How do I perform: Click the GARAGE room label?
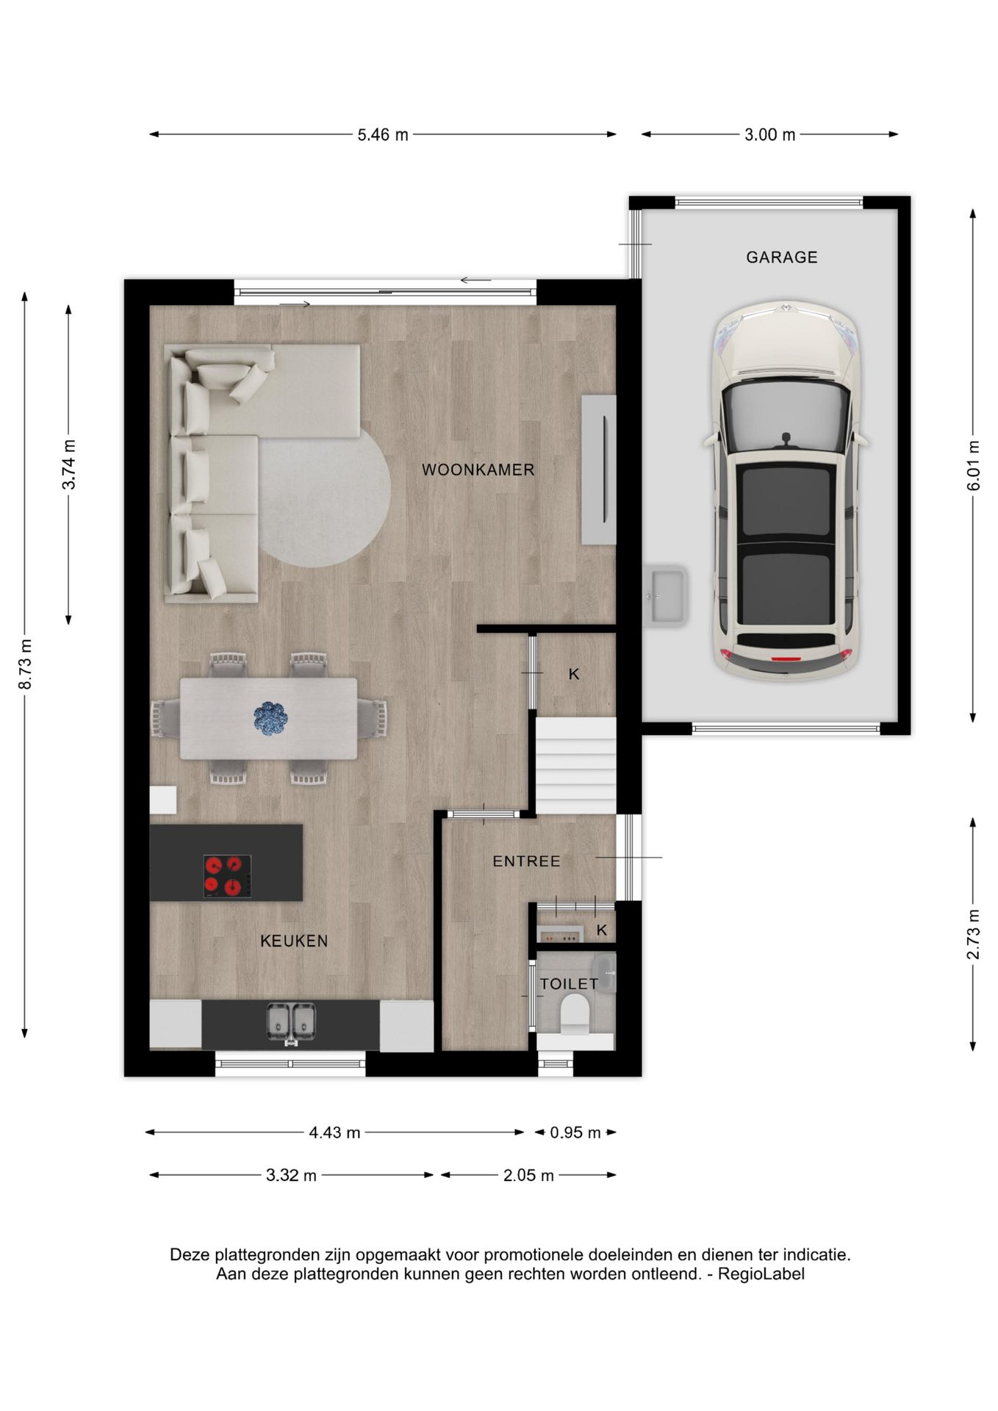[781, 257]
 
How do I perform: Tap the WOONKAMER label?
[478, 470]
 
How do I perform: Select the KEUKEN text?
[294, 941]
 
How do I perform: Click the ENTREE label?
[526, 861]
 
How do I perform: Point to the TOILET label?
[569, 984]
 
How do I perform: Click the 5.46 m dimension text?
[382, 135]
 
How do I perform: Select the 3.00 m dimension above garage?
[769, 135]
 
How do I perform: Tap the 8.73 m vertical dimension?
[26, 664]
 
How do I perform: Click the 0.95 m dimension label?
[575, 1133]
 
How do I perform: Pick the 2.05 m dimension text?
[528, 1176]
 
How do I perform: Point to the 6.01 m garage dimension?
[974, 466]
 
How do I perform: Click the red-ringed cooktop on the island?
[227, 876]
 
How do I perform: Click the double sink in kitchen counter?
[291, 1022]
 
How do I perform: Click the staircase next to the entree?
[575, 766]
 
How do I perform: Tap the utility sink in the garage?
[666, 595]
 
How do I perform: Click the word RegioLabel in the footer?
[761, 1274]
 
